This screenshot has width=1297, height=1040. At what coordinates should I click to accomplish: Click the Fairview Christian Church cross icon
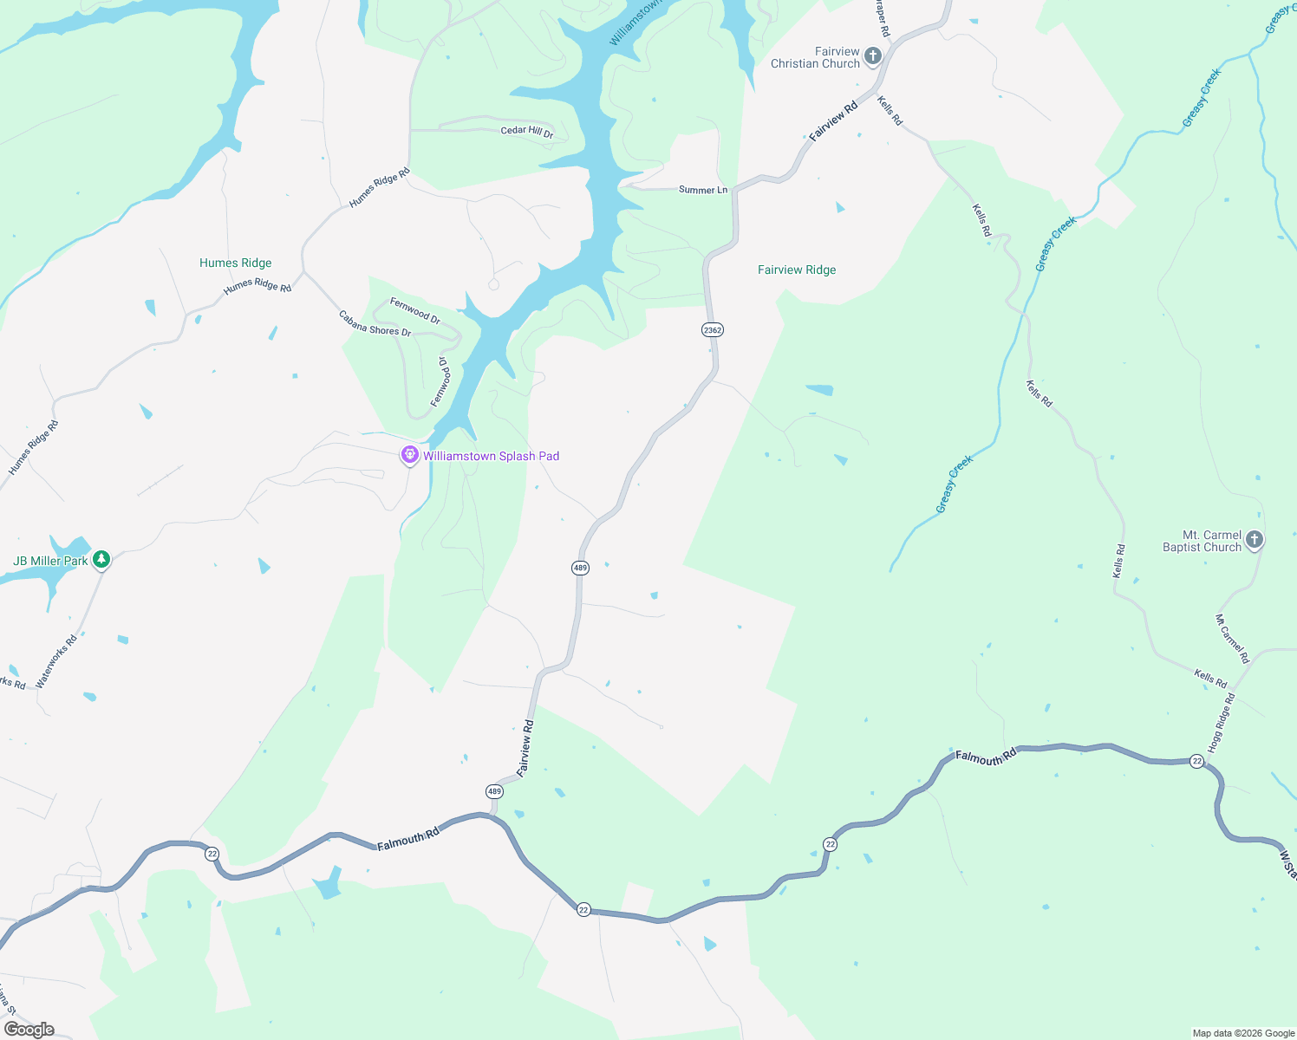pyautogui.click(x=873, y=57)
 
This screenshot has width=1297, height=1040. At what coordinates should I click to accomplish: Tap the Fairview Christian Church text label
pyautogui.click(x=815, y=57)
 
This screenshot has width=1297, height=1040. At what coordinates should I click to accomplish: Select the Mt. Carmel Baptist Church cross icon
pyautogui.click(x=1254, y=541)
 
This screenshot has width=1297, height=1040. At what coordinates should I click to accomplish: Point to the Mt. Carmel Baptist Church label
pyautogui.click(x=1202, y=541)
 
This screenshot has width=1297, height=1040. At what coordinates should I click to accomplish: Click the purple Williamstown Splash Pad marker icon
pyautogui.click(x=410, y=455)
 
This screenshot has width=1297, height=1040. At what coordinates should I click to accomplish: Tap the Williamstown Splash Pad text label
pyautogui.click(x=491, y=456)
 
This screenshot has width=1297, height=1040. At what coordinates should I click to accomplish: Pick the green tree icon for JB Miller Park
pyautogui.click(x=101, y=560)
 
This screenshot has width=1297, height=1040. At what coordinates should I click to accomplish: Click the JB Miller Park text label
pyautogui.click(x=50, y=561)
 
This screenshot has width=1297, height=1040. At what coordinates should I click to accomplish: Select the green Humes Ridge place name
pyautogui.click(x=236, y=263)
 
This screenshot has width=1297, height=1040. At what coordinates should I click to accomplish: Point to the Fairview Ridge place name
pyautogui.click(x=797, y=270)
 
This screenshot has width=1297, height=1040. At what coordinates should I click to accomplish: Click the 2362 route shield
pyautogui.click(x=713, y=330)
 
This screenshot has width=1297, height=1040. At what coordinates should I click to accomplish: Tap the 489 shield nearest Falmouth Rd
pyautogui.click(x=494, y=791)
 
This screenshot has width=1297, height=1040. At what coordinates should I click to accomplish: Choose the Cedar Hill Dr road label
pyautogui.click(x=527, y=132)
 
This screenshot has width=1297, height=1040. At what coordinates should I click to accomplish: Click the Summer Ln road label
pyautogui.click(x=703, y=190)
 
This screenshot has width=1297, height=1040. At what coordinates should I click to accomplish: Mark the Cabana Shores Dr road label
pyautogui.click(x=375, y=323)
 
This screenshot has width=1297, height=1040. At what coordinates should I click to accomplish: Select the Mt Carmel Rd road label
pyautogui.click(x=1232, y=639)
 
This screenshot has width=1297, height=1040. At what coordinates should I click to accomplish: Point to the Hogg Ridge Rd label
pyautogui.click(x=1220, y=723)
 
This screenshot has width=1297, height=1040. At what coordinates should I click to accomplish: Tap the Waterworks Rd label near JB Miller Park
pyautogui.click(x=56, y=661)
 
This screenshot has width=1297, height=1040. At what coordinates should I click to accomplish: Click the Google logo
pyautogui.click(x=29, y=1030)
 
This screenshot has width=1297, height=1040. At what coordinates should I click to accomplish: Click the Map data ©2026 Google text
pyautogui.click(x=1243, y=1033)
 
